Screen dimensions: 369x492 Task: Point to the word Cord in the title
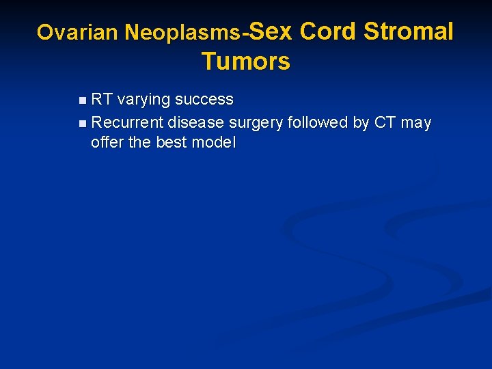328,31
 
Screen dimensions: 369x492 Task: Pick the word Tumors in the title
245,61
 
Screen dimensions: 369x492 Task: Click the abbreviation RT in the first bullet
102,100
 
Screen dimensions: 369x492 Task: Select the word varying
143,100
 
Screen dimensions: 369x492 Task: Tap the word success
204,100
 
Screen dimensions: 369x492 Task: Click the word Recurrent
127,123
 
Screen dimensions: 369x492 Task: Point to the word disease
197,123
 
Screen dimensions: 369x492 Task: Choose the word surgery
257,124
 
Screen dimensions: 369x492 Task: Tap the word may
416,124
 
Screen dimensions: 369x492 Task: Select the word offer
107,143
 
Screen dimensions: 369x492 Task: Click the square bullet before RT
83,100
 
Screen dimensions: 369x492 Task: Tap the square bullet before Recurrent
83,124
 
